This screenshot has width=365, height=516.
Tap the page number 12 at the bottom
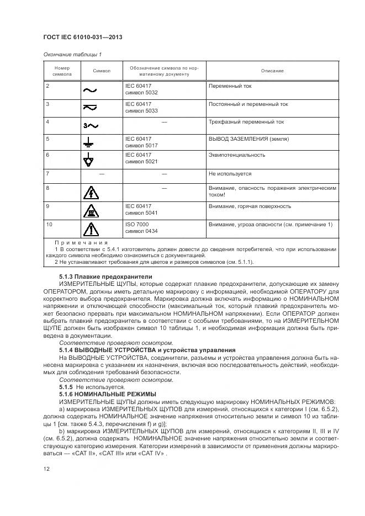click(x=46, y=468)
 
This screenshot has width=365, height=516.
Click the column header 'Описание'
click(x=272, y=71)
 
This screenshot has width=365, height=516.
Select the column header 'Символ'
click(x=102, y=71)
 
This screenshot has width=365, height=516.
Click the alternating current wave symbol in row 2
click(x=89, y=89)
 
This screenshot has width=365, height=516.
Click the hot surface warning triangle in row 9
click(x=89, y=210)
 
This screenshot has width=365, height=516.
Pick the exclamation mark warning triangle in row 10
click(x=89, y=228)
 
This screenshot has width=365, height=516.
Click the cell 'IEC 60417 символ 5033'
click(x=141, y=107)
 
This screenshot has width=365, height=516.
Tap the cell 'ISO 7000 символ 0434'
click(x=141, y=227)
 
